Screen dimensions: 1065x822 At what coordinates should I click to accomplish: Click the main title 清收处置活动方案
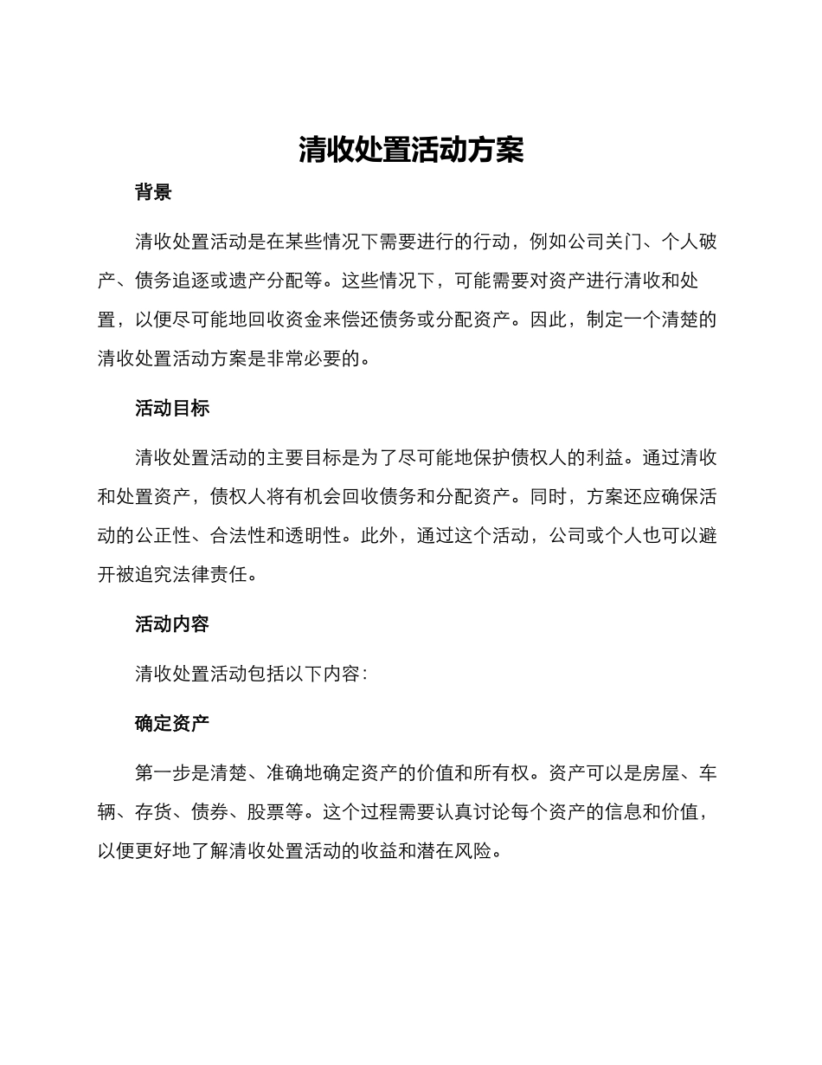[x=411, y=150]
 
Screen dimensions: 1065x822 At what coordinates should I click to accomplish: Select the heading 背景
[x=153, y=193]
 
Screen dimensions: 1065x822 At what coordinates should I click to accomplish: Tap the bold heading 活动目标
[x=172, y=409]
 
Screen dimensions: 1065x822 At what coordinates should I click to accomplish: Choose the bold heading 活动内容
[x=172, y=624]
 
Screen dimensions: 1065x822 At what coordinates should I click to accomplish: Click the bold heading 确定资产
[x=172, y=724]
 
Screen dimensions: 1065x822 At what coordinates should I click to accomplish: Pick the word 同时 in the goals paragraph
[x=549, y=497]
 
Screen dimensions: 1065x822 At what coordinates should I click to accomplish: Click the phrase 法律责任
[x=210, y=575]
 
